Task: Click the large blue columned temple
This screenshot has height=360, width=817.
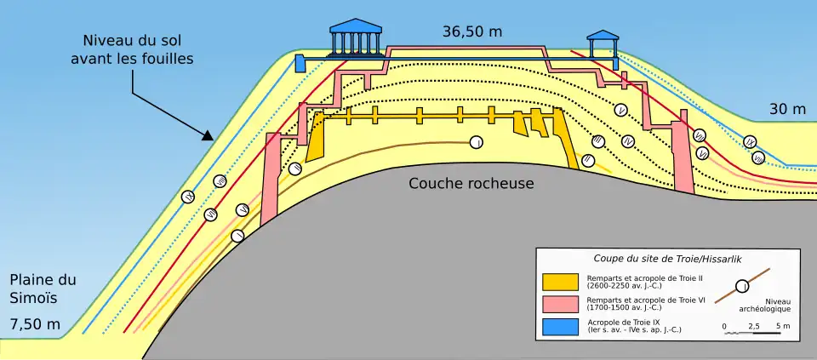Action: click(355, 37)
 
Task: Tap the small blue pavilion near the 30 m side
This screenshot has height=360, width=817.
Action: click(603, 47)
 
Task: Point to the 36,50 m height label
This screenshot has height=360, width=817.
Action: click(471, 31)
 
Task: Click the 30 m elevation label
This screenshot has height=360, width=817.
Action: click(787, 109)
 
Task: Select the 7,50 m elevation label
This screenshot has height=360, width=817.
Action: click(35, 324)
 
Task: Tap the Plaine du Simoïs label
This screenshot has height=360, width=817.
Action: click(43, 288)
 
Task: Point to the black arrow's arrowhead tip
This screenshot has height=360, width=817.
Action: click(210, 139)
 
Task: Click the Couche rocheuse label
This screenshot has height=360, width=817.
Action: click(471, 183)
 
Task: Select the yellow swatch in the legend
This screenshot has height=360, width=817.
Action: click(560, 282)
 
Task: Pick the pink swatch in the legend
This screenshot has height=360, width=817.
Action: click(560, 304)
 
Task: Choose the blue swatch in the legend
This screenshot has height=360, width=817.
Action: click(560, 326)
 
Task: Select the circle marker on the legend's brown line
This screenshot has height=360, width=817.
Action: click(742, 285)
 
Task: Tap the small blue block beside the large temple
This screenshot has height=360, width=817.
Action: click(300, 63)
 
